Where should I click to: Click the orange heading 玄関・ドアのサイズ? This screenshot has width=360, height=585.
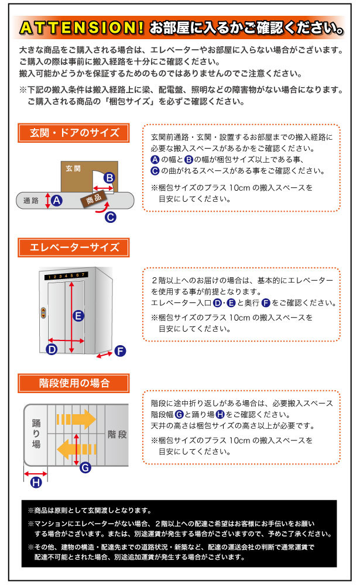[x=74, y=133]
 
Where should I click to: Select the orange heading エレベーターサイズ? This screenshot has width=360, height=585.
[x=74, y=247]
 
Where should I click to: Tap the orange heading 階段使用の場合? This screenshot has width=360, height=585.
[x=74, y=383]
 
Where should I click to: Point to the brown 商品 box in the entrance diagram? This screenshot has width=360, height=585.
[x=93, y=199]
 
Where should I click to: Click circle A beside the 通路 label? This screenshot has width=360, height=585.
[x=57, y=201]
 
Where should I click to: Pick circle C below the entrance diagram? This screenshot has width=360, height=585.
[x=110, y=217]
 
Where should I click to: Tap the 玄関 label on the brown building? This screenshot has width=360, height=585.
[x=73, y=168]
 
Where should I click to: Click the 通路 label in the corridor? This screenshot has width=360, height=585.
[x=31, y=201]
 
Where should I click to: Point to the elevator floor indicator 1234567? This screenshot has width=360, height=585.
[x=66, y=275]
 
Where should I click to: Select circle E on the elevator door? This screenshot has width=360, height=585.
[x=78, y=315]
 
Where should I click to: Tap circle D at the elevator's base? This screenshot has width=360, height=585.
[x=52, y=350]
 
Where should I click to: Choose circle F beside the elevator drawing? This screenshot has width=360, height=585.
[x=120, y=351]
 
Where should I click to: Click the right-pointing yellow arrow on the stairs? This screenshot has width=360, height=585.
[x=76, y=419]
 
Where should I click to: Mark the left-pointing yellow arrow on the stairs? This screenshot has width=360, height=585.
[x=76, y=449]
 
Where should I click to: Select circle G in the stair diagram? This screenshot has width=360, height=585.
[x=85, y=467]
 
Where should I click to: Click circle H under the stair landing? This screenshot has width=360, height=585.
[x=36, y=482]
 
